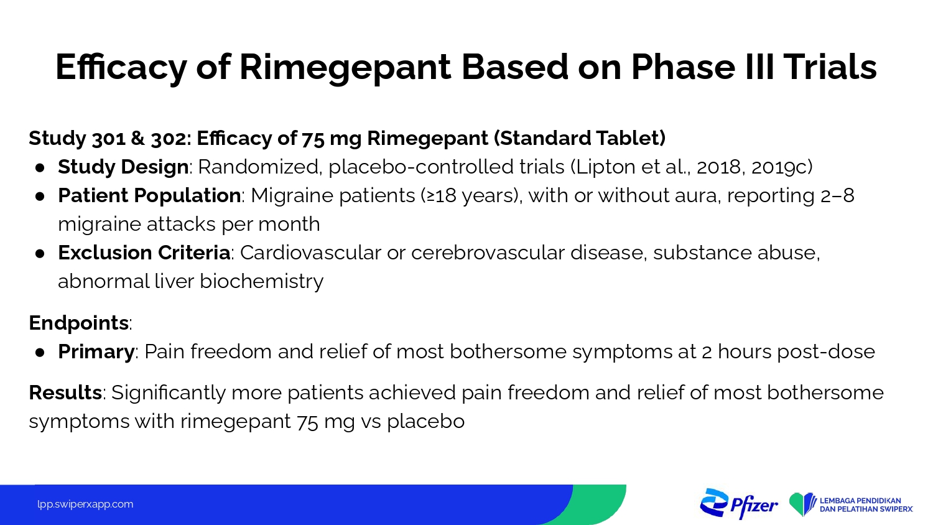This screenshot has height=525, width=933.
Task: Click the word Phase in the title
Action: [x=683, y=67]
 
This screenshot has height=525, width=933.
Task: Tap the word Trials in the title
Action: [x=830, y=67]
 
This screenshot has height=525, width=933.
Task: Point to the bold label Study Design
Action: [x=123, y=167]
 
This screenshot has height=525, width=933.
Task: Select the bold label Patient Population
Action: [x=149, y=195]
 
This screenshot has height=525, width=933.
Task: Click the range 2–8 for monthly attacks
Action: [x=837, y=196]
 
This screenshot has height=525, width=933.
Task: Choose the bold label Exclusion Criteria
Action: [x=144, y=253]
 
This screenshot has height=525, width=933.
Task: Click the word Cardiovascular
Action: [x=310, y=253]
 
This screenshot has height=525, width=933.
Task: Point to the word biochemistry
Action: [x=262, y=282]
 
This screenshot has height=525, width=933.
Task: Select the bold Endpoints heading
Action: [x=79, y=323]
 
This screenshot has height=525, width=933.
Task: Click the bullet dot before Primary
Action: [x=40, y=352]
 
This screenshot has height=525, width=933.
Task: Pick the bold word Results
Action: [x=65, y=393]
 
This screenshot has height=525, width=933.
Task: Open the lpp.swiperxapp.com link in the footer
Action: [x=85, y=504]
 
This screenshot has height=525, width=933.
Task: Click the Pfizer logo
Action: [x=739, y=504]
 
